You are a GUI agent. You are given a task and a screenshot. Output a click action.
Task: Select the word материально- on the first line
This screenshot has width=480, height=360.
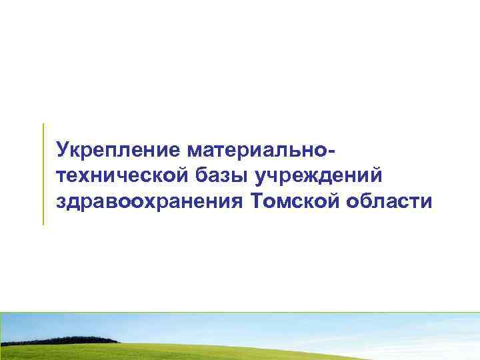[x=263, y=147]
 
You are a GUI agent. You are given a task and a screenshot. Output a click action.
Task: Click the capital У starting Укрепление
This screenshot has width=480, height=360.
[x=63, y=147]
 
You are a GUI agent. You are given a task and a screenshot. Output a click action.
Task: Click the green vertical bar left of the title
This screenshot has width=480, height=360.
[x=43, y=173]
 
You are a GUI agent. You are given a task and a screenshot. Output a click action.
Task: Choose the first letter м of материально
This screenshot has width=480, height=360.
[x=198, y=148]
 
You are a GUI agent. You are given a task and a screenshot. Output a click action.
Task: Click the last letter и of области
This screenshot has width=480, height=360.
[x=427, y=201]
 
